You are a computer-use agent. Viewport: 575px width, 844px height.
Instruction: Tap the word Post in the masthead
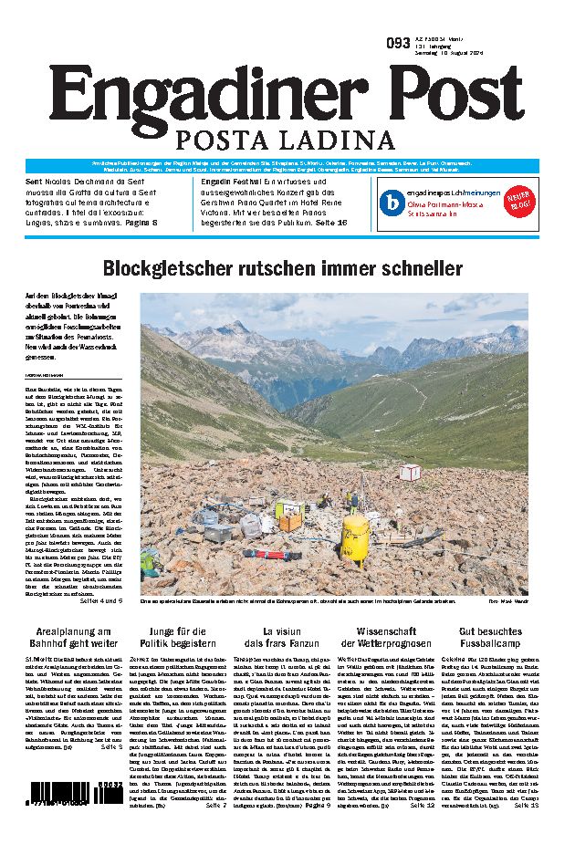point(448,96)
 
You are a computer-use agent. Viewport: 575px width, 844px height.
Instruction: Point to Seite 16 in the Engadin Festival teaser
point(331,222)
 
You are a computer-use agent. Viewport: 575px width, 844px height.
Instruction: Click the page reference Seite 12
point(423,780)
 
